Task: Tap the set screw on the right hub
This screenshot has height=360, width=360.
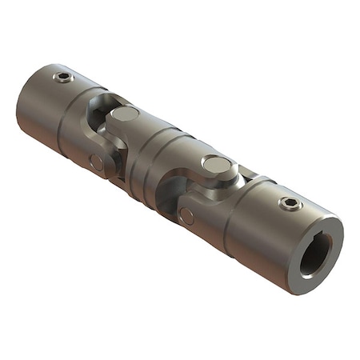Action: [290, 203]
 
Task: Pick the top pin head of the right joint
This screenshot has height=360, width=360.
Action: [215, 165]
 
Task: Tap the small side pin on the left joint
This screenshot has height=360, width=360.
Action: [97, 162]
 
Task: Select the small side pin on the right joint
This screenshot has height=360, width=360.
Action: [186, 215]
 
